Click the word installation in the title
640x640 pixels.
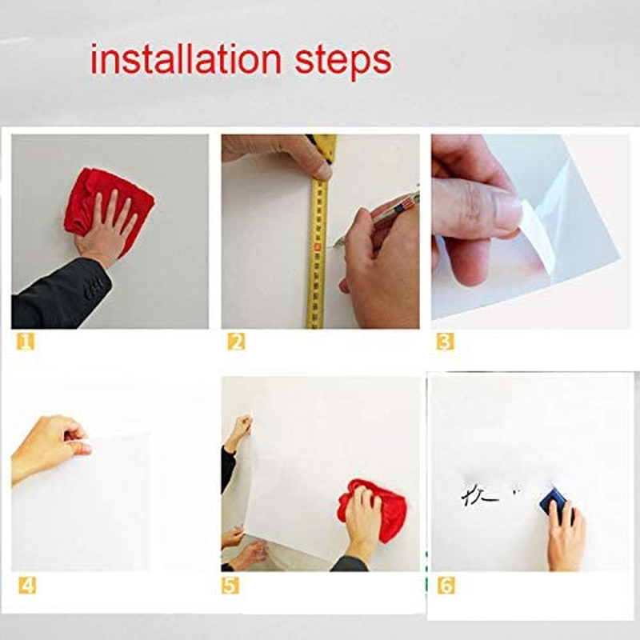point(186,60)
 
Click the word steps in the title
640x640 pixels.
point(342,62)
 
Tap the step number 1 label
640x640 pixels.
point(26,342)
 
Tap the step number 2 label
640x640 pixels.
point(236,342)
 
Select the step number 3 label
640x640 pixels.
point(446,342)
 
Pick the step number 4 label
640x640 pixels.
point(26,585)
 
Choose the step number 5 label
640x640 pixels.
point(230,585)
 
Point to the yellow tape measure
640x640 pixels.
point(318,256)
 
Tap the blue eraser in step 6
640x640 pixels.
point(553,503)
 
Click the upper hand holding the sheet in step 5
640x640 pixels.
point(239,432)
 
